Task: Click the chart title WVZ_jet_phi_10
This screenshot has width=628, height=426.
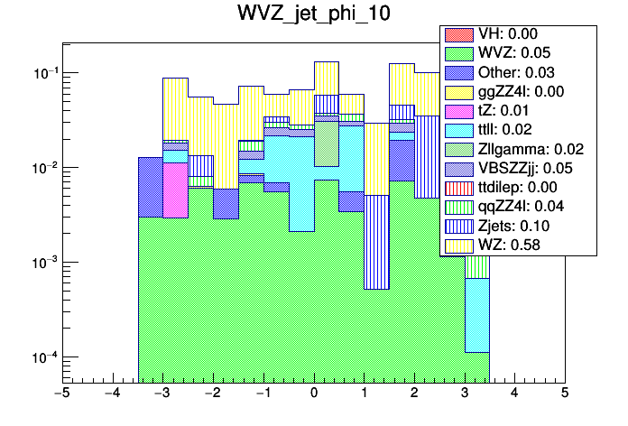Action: click(314, 14)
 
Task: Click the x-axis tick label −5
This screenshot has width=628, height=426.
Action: click(61, 394)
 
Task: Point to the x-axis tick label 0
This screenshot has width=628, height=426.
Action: click(314, 394)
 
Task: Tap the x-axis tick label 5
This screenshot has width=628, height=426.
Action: click(565, 394)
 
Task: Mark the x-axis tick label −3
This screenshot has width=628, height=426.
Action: click(162, 394)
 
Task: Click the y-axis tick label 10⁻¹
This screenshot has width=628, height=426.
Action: click(39, 73)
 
